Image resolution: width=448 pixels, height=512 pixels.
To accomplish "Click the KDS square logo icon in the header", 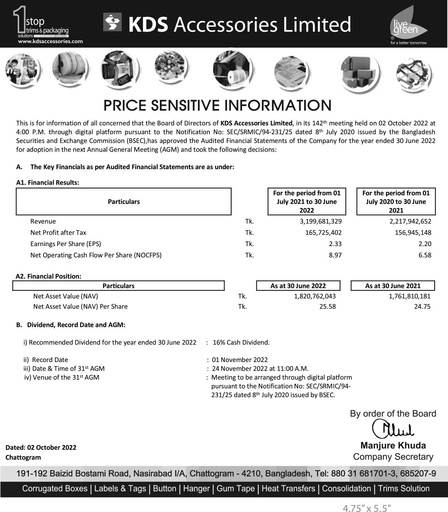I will tap(112, 22).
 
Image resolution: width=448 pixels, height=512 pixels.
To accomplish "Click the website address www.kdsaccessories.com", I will tap(50, 41).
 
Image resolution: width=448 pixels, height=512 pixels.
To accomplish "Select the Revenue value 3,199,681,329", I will tap(320, 221).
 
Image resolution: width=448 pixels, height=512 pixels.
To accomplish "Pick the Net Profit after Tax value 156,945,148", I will tap(413, 233).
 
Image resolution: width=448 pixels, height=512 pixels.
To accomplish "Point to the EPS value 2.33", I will tap(335, 244).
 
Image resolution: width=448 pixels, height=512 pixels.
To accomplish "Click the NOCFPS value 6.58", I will tap(425, 255).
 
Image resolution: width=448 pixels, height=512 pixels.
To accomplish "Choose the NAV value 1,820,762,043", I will tap(315, 296).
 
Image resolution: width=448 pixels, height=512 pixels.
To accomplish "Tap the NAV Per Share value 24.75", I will tap(422, 306).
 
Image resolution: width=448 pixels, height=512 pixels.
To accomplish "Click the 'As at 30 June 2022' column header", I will tap(298, 286).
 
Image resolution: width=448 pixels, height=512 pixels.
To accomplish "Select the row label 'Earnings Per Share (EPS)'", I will tap(66, 244).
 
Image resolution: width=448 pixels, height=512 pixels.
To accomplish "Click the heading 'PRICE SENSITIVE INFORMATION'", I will tap(218, 106).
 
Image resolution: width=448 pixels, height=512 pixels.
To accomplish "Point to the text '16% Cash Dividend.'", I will tap(241, 343).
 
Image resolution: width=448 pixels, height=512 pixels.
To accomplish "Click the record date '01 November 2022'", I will tap(240, 360).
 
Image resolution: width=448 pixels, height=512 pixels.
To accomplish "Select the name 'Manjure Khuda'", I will tap(393, 445).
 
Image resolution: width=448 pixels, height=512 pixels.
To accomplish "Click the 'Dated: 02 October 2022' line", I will tap(41, 448).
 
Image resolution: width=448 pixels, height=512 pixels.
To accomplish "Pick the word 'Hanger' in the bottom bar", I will tap(196, 489).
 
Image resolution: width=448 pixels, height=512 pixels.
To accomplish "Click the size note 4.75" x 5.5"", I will tap(367, 508).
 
